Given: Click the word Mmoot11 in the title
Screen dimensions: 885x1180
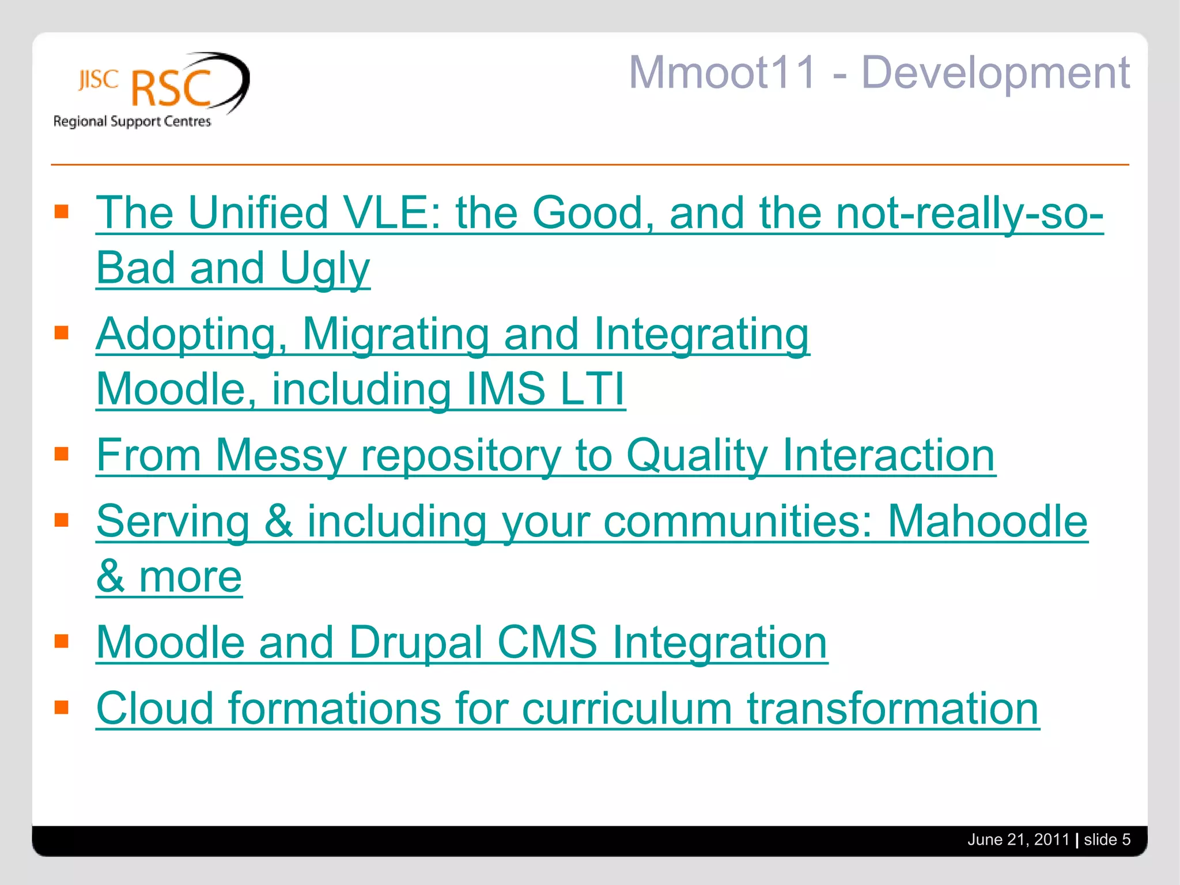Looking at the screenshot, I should [x=723, y=73].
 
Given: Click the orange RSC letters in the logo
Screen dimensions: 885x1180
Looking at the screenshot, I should [x=172, y=89].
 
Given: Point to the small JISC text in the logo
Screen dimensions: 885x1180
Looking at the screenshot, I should [x=98, y=80].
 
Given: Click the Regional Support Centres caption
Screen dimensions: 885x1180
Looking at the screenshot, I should [x=132, y=122].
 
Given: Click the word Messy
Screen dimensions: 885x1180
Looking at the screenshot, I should [x=281, y=455].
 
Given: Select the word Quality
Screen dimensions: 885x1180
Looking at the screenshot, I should [x=697, y=455].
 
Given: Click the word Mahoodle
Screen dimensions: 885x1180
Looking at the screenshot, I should [x=987, y=521].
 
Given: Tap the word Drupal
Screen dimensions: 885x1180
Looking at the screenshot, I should [x=415, y=642].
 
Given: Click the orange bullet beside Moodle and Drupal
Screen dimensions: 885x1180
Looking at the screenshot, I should [x=62, y=641].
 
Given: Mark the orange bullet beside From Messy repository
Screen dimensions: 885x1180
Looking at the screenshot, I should [x=62, y=454].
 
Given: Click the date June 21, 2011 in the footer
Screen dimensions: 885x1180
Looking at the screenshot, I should [x=1018, y=839].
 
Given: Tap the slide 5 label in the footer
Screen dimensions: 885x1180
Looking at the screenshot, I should [x=1107, y=839].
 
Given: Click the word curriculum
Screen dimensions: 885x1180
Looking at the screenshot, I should [x=626, y=708].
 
